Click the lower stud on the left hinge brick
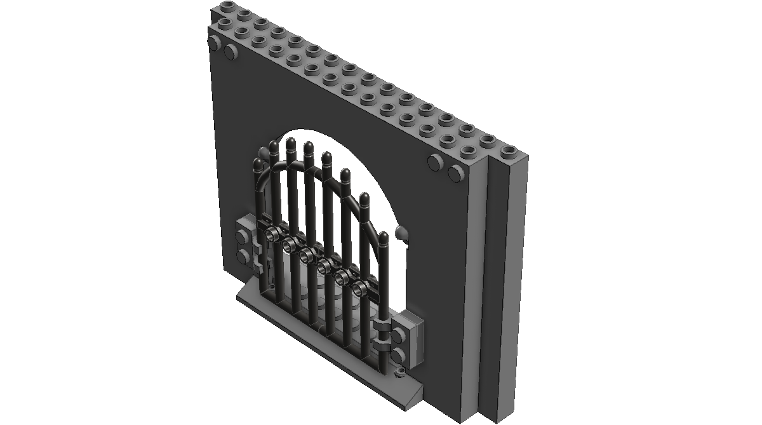click(x=243, y=255)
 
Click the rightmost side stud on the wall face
click(x=455, y=172)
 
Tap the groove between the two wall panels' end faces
click(x=490, y=280)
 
